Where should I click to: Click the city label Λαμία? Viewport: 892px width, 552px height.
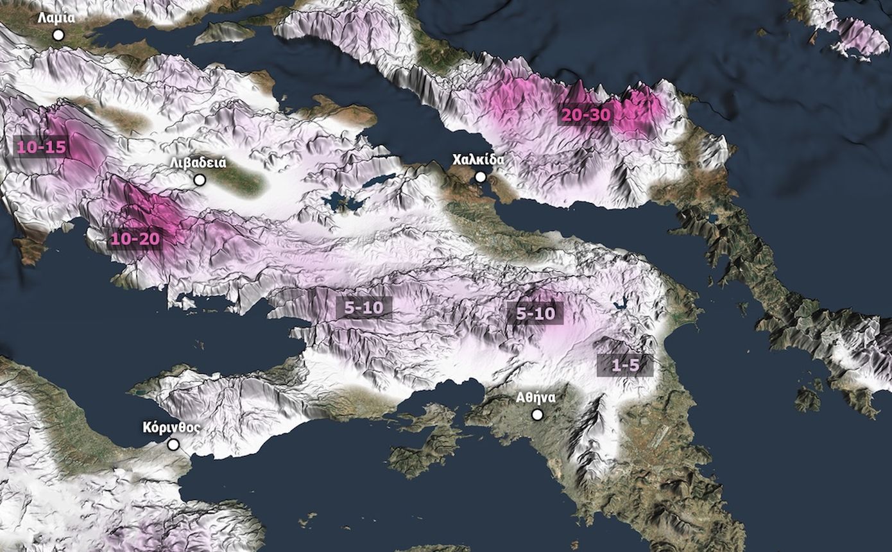[x=56, y=17]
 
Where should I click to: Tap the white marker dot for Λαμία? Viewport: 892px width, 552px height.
[x=58, y=35]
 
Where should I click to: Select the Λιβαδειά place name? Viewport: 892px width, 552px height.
[x=198, y=162]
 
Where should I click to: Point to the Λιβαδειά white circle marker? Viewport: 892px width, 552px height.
[x=200, y=180]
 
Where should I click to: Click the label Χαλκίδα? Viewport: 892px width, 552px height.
[x=478, y=159]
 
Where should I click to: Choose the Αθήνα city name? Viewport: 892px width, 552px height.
[x=536, y=397]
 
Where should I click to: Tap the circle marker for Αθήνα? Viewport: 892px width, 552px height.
[x=537, y=415]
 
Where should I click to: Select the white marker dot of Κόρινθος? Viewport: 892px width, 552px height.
[x=173, y=444]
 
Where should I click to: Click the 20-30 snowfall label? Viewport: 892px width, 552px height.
[x=586, y=116]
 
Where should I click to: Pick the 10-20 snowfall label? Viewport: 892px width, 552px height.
[x=135, y=239]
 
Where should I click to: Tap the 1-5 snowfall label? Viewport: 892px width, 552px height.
[x=624, y=365]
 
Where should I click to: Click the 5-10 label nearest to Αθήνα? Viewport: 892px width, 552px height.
[x=535, y=314]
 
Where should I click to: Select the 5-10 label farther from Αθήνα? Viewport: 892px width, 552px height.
[x=363, y=307]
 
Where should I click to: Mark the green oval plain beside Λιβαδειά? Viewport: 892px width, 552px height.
[x=237, y=179]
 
